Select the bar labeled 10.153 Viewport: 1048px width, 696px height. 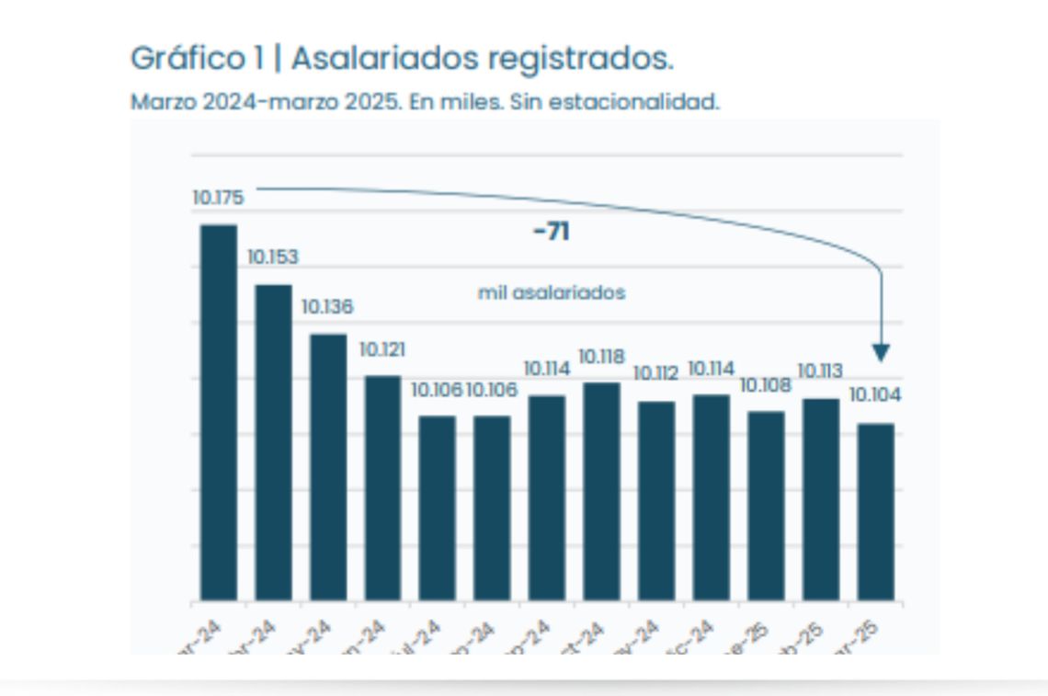point(273,442)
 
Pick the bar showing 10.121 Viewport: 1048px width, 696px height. point(382,487)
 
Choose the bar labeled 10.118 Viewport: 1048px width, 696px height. point(601,491)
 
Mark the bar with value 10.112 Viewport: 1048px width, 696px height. point(656,500)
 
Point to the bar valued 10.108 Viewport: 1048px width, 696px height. point(766,506)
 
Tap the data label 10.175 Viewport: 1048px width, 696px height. point(218,198)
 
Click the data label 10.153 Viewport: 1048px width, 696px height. point(273,257)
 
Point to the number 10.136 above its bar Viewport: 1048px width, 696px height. point(327,307)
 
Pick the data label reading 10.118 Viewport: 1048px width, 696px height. point(601,356)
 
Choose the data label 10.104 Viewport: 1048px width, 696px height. point(875,395)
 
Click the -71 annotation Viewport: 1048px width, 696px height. point(552,232)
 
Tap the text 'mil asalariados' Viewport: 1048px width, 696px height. point(552,293)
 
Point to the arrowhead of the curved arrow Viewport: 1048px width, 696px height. point(881,353)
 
